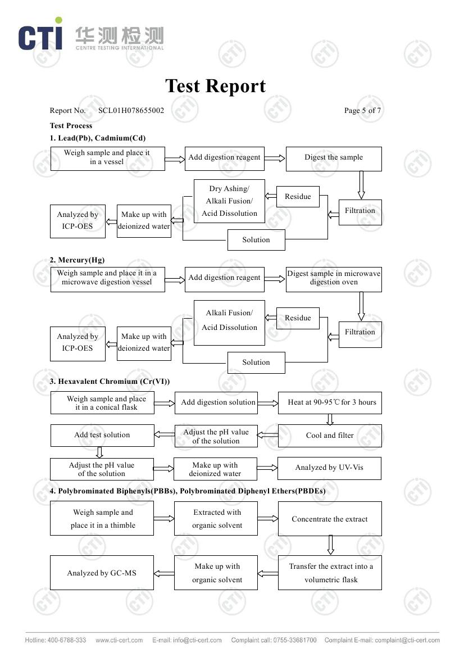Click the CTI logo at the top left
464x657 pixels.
point(40,35)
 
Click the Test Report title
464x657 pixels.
point(215,86)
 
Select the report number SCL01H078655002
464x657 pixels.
point(131,110)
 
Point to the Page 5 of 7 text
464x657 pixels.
point(362,110)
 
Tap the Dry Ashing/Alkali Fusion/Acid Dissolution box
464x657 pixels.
point(229,201)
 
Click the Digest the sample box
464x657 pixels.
point(334,158)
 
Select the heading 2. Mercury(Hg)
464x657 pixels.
point(77,260)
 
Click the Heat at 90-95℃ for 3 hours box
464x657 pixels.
point(330,402)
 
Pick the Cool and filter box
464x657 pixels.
point(330,436)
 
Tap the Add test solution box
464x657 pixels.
point(102,436)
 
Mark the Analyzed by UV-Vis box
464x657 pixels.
point(330,468)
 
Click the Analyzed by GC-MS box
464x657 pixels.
point(102,573)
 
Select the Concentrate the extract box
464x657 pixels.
point(330,519)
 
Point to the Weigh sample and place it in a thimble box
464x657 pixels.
point(102,519)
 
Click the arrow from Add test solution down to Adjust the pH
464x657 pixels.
point(100,452)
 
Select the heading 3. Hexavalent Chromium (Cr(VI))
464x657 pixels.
point(110,382)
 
